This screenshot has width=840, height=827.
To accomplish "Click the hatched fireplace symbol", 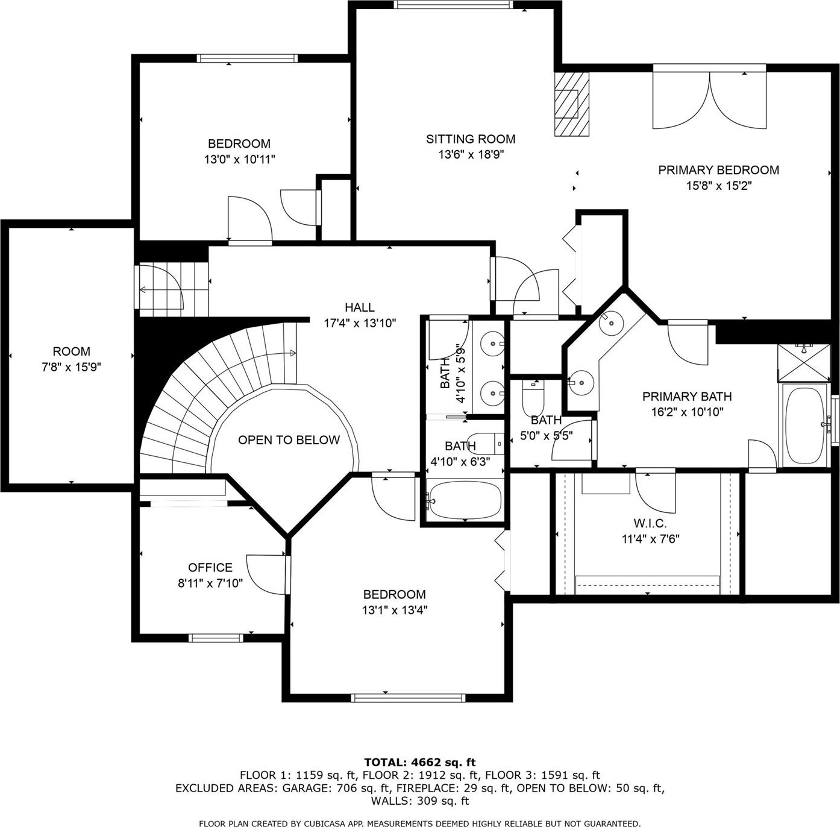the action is click(x=571, y=104).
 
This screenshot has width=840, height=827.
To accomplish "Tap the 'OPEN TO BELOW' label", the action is click(x=289, y=439).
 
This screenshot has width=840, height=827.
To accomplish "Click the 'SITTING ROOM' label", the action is click(x=471, y=139).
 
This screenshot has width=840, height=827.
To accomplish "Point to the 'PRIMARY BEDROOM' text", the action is click(x=718, y=169).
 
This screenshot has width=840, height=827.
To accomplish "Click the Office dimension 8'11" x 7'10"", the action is click(x=210, y=583).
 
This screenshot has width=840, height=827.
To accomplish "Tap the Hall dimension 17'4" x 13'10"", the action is click(x=360, y=323).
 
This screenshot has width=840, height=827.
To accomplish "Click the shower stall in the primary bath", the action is click(x=804, y=363).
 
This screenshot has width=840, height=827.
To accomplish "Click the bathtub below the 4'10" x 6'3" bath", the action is click(x=465, y=500).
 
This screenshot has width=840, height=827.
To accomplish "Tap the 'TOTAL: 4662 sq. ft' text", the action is click(x=420, y=762).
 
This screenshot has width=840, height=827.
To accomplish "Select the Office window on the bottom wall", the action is click(x=215, y=638).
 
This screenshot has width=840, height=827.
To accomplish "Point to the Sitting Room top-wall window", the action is click(x=453, y=4).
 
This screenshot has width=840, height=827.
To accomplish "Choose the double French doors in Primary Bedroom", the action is click(x=709, y=96).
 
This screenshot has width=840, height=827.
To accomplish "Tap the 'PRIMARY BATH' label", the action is click(x=687, y=396).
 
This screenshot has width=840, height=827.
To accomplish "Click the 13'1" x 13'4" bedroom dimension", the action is click(x=395, y=610).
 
